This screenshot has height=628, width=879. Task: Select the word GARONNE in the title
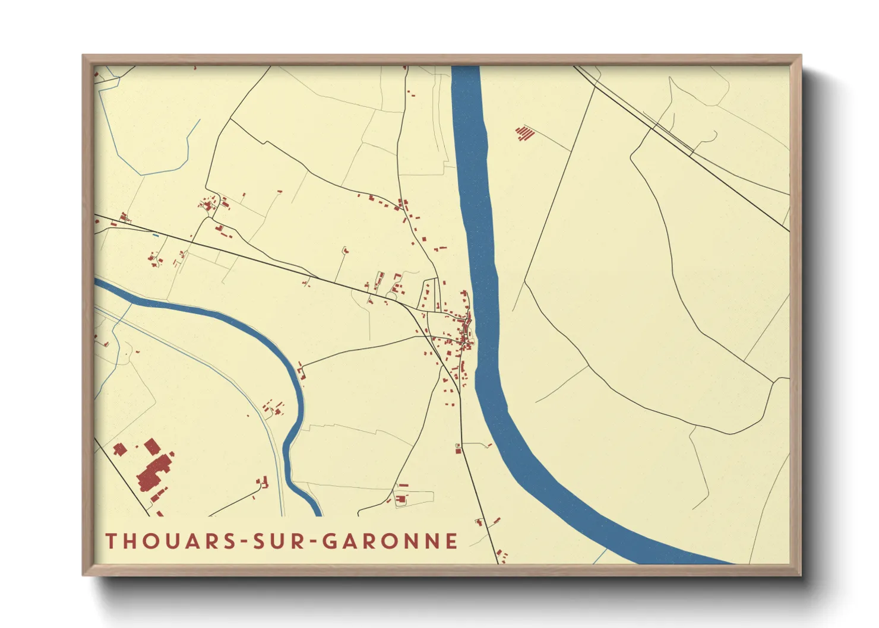point(390,541)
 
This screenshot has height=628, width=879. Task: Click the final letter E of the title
point(453,541)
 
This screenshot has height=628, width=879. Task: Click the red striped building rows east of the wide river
point(524,133)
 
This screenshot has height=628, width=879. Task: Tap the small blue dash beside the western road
point(156,236)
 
